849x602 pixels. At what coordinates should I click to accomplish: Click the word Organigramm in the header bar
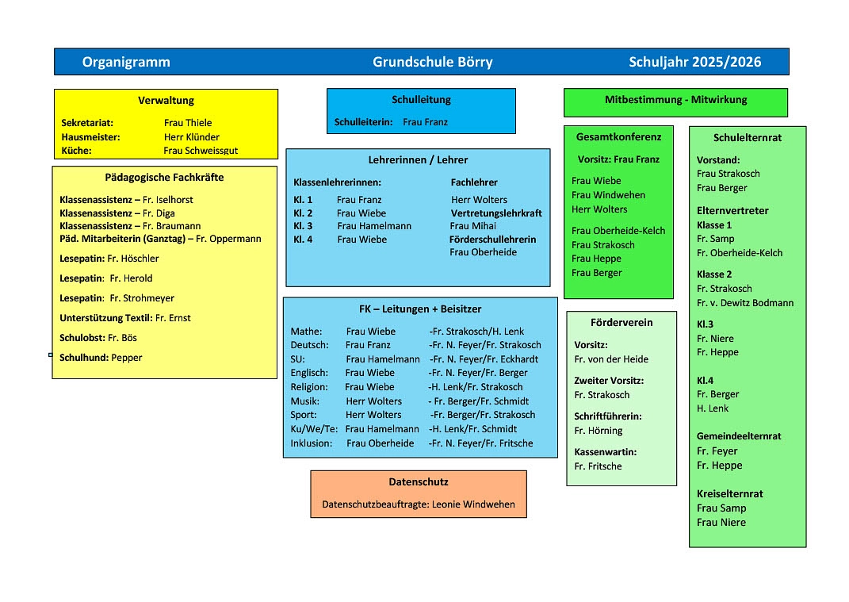tap(126, 62)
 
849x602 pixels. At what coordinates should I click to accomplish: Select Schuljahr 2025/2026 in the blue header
tap(694, 62)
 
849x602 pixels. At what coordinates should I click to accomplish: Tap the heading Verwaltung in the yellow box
tap(166, 101)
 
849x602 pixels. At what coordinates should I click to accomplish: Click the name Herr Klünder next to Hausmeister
tap(191, 137)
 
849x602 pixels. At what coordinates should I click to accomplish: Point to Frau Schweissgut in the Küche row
tap(201, 151)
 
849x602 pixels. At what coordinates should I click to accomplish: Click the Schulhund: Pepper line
tap(101, 358)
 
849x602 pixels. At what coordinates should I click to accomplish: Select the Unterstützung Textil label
tap(105, 318)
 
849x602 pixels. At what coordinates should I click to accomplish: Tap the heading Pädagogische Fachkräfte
tap(164, 178)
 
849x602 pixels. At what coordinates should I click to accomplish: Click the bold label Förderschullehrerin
tap(492, 240)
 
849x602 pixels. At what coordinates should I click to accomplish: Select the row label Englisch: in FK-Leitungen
tap(309, 373)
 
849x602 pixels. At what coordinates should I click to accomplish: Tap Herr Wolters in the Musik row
tap(373, 401)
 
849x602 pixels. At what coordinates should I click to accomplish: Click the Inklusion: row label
tap(312, 443)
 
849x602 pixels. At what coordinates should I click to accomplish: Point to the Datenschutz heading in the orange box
tap(418, 481)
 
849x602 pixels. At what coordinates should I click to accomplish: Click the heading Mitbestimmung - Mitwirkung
tap(675, 100)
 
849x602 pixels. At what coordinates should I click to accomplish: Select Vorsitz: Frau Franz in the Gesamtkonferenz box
tap(618, 159)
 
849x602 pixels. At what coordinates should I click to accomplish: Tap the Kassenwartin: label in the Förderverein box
tap(605, 452)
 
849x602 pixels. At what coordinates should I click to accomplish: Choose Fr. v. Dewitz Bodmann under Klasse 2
tap(744, 303)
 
